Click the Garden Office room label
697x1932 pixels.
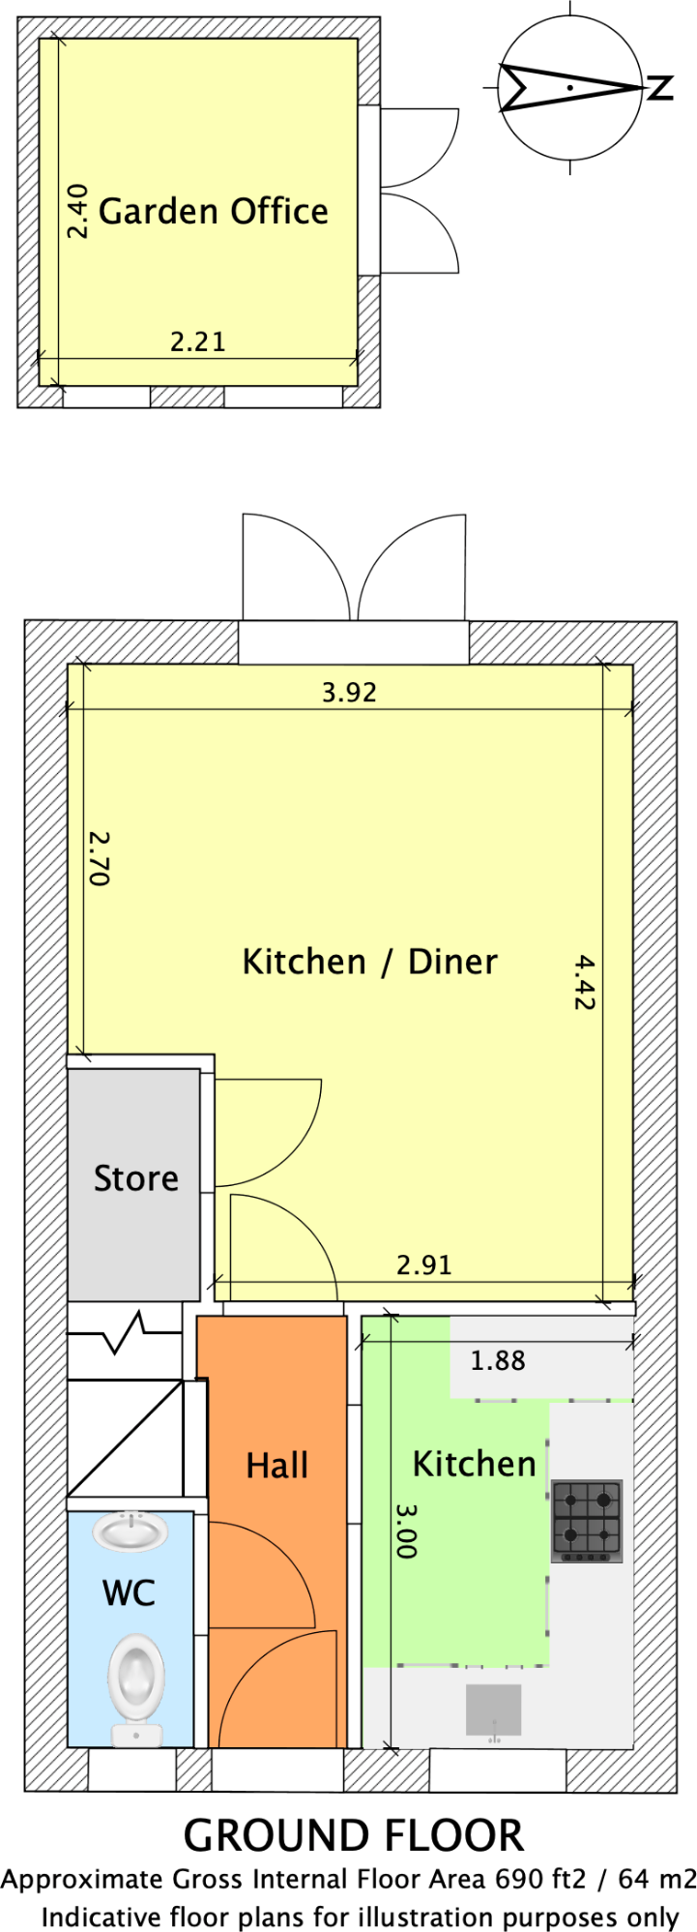pyautogui.click(x=214, y=211)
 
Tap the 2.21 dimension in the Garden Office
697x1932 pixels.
pyautogui.click(x=197, y=342)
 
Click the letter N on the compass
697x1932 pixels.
pyautogui.click(x=659, y=88)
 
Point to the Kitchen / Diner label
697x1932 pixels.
pyautogui.click(x=369, y=962)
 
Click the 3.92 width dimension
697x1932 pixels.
pyautogui.click(x=349, y=693)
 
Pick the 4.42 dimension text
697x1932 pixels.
pyautogui.click(x=583, y=982)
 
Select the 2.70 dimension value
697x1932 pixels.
pyautogui.click(x=99, y=858)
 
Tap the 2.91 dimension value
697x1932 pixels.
pyautogui.click(x=424, y=1264)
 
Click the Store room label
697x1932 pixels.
pyautogui.click(x=135, y=1178)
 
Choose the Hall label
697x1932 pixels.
pyautogui.click(x=276, y=1466)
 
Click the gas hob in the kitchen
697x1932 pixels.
pyautogui.click(x=587, y=1521)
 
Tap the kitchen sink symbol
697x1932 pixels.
pyautogui.click(x=494, y=1710)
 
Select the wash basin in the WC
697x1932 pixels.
pyautogui.click(x=131, y=1531)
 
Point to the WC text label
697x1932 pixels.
pyautogui.click(x=129, y=1593)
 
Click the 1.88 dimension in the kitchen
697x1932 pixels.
pyautogui.click(x=498, y=1361)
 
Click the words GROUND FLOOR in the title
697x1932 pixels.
pyautogui.click(x=354, y=1835)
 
